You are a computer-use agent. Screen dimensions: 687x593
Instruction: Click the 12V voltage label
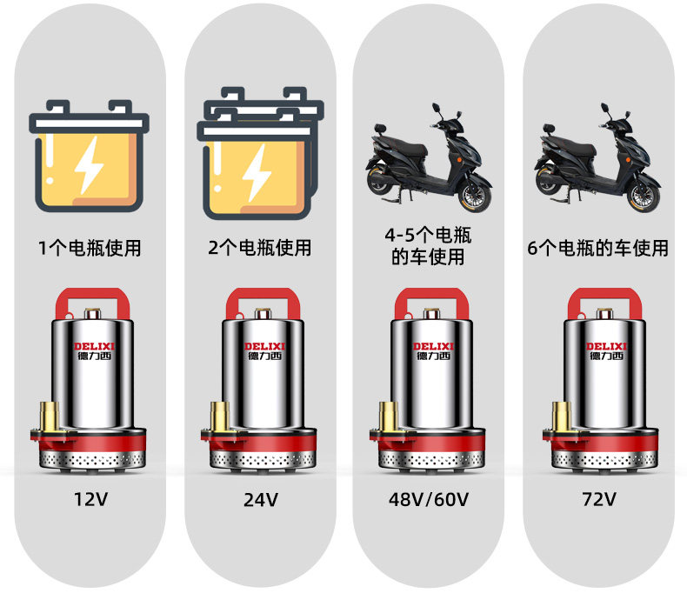[90, 499]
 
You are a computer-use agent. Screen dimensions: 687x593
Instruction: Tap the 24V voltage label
[261, 499]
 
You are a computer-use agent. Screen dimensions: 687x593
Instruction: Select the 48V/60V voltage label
[429, 499]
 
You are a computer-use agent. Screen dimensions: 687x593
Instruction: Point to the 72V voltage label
[599, 499]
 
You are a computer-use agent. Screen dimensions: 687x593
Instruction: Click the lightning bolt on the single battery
[89, 165]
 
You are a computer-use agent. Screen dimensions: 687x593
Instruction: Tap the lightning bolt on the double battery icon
[257, 172]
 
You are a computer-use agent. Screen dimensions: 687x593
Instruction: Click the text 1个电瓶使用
[90, 248]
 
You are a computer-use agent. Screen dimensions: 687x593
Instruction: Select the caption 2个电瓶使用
[260, 248]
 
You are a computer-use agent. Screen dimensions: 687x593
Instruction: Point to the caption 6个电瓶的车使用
[598, 248]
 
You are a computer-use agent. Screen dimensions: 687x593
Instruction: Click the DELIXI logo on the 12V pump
[94, 346]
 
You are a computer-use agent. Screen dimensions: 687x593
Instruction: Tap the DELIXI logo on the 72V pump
[607, 346]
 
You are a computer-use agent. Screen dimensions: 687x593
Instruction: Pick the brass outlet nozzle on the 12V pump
[50, 416]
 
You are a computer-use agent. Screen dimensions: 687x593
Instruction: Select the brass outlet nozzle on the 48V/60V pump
[389, 416]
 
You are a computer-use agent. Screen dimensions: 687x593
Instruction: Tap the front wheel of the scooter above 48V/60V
[475, 196]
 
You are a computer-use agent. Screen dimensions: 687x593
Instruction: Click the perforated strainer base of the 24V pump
[263, 460]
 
